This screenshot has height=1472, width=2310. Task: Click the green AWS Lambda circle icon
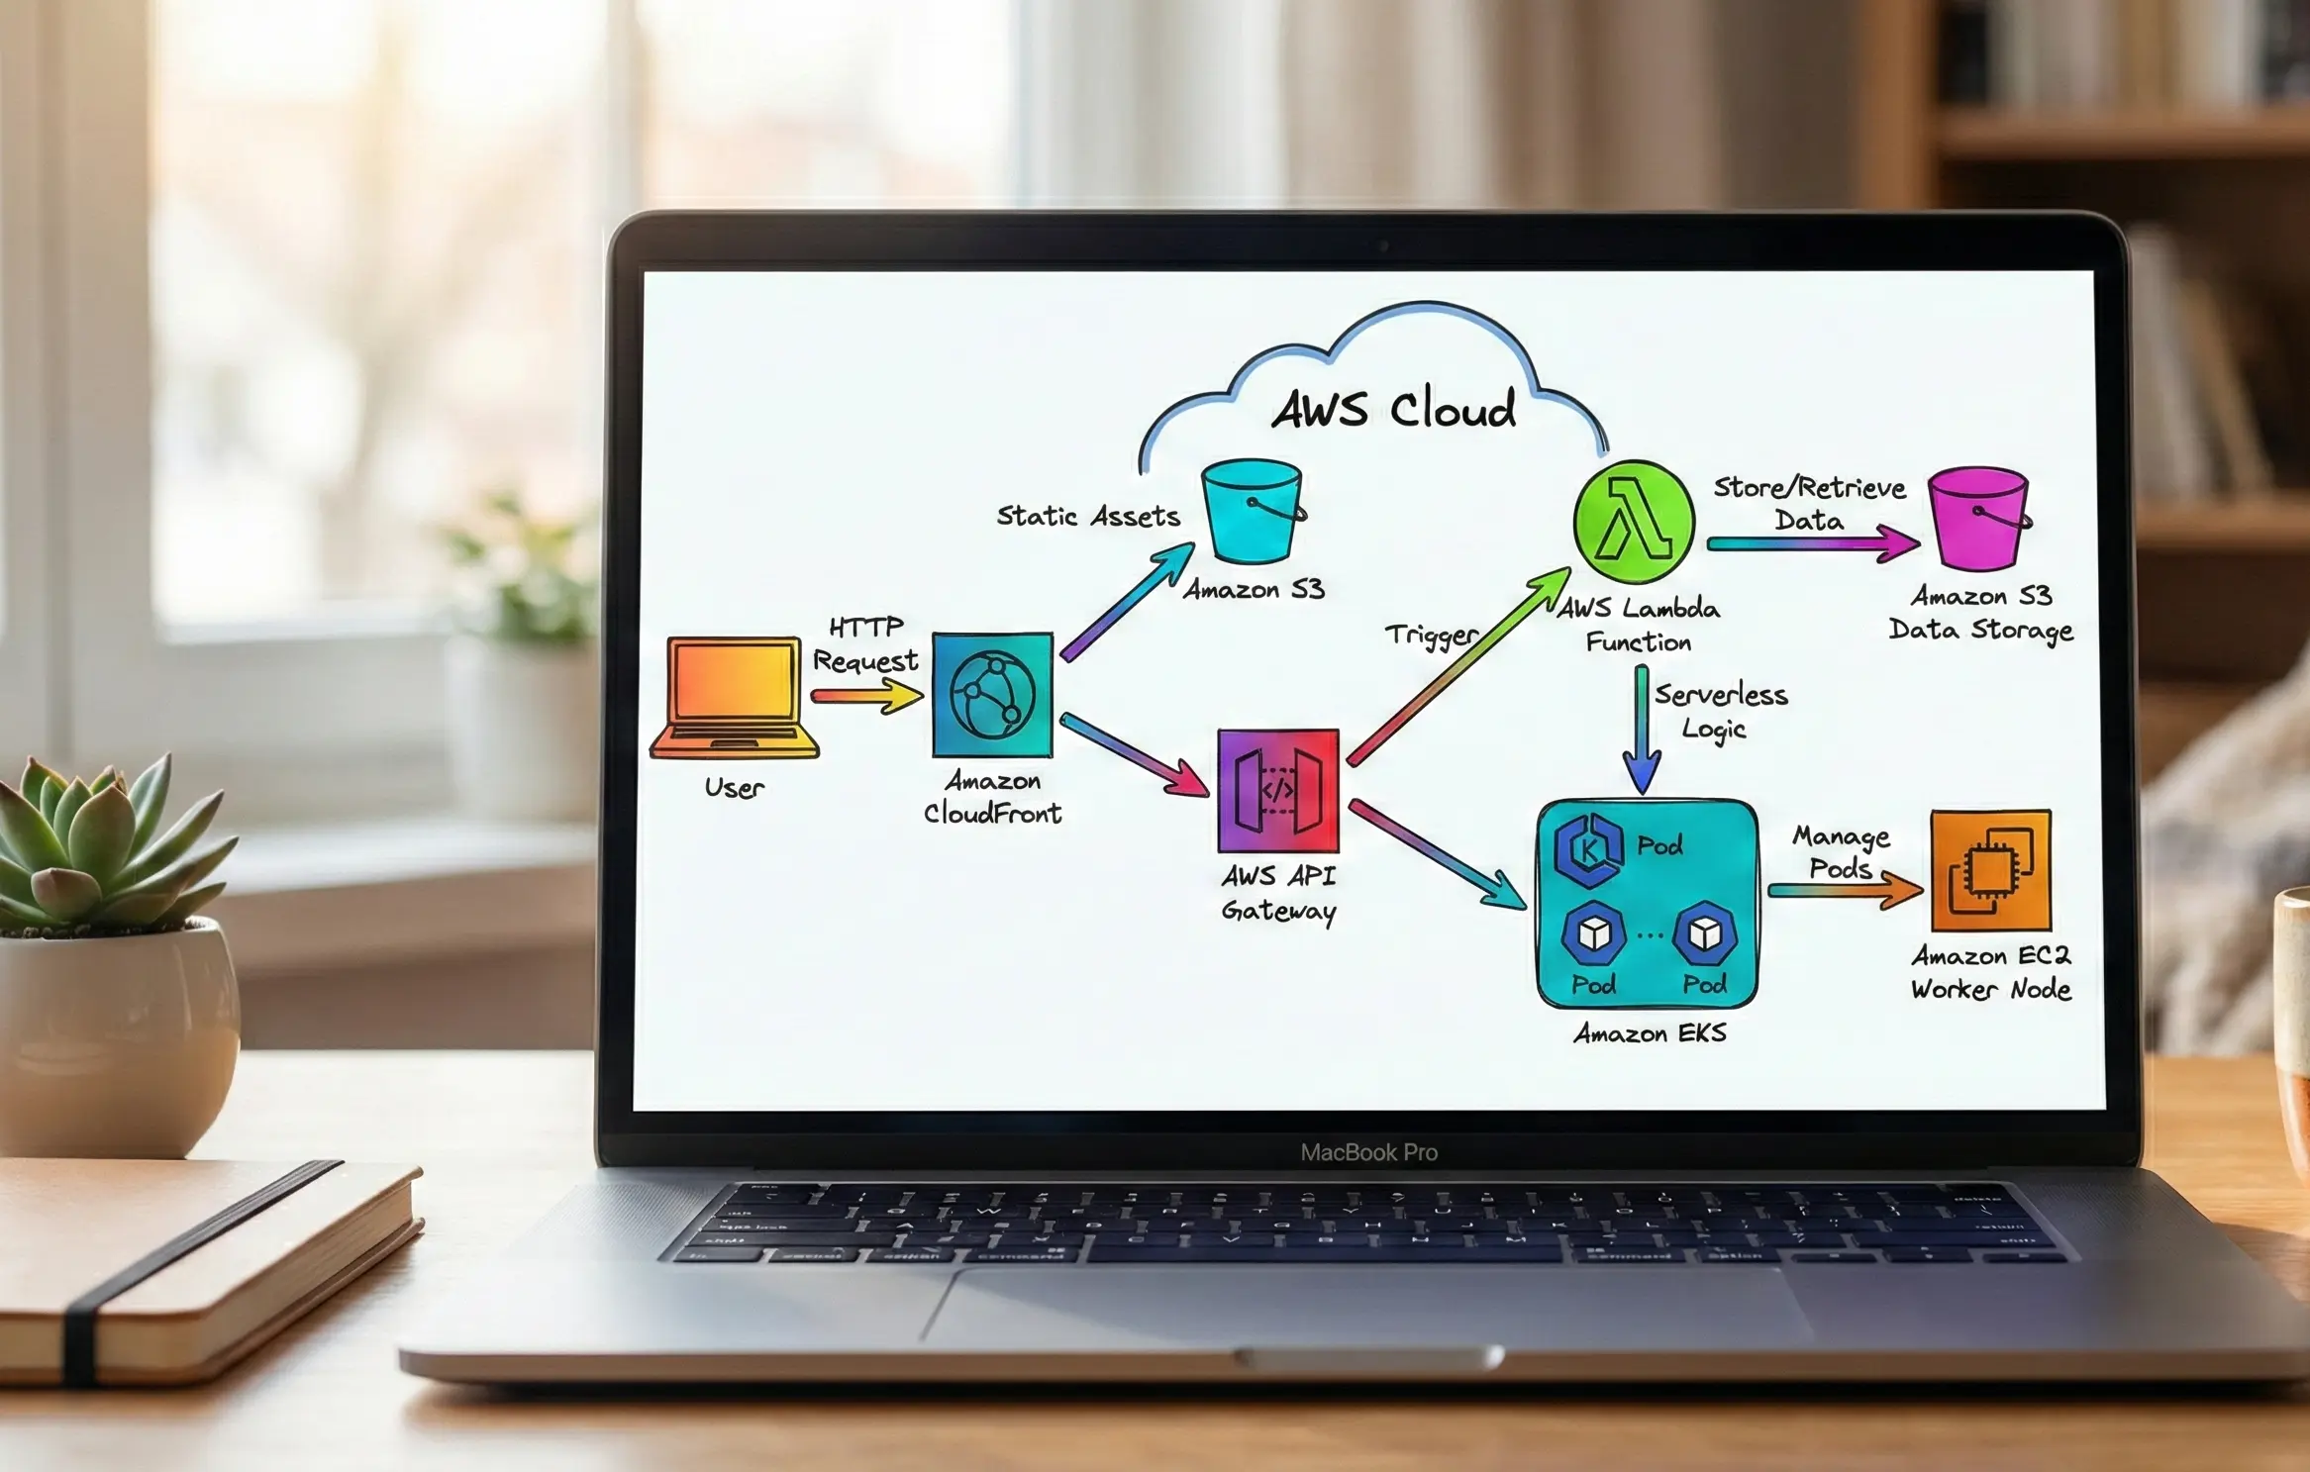tap(1634, 522)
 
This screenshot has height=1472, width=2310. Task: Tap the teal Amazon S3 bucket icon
tap(1252, 512)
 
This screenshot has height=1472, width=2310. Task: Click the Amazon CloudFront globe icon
tap(992, 695)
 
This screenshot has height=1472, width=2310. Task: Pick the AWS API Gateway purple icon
tap(1278, 791)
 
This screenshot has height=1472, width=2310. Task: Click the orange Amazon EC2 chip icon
tap(1990, 871)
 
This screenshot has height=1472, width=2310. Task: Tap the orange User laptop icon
tap(734, 697)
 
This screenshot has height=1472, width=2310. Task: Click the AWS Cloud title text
tap(1394, 409)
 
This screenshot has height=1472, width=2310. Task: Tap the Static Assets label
tap(1087, 516)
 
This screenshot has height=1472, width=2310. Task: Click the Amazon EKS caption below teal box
tap(1650, 1033)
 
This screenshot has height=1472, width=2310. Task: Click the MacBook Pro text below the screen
tap(1368, 1152)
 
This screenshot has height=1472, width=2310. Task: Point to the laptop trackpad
tap(1366, 1307)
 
